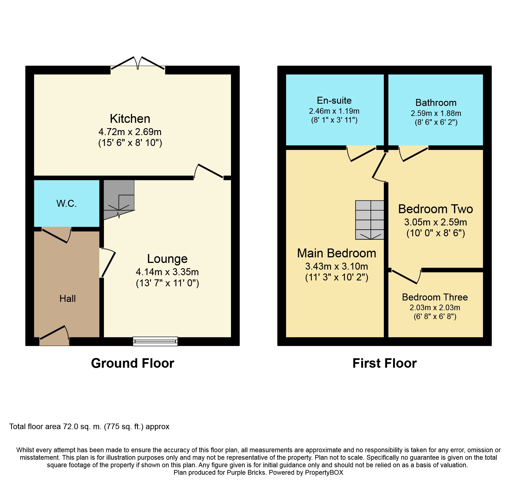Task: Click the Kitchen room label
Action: (x=130, y=119)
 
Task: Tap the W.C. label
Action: (x=66, y=203)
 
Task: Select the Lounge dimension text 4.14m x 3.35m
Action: (x=167, y=272)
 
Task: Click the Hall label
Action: (x=68, y=299)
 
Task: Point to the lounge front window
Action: (x=155, y=341)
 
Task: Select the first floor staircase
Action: (x=370, y=220)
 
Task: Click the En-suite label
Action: (x=334, y=100)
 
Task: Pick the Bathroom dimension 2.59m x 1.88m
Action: (x=436, y=113)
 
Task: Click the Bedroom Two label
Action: (x=436, y=209)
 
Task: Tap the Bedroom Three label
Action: (x=435, y=297)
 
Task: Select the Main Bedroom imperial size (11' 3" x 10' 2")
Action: (x=337, y=277)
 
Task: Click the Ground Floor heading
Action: (x=133, y=363)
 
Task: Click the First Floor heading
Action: (x=384, y=363)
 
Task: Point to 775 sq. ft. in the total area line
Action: (x=123, y=427)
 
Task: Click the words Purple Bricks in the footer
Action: (x=246, y=472)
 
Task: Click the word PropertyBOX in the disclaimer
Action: (x=324, y=472)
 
